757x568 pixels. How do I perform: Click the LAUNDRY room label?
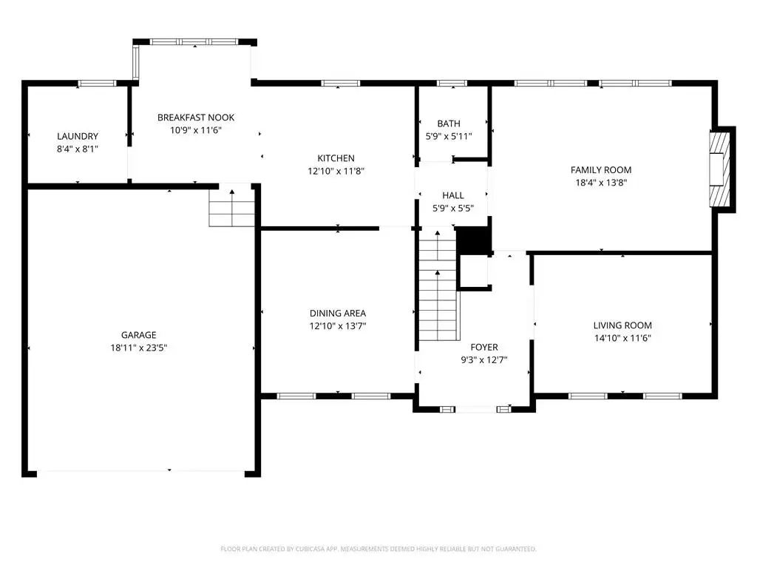77,136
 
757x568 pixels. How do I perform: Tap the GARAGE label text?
138,335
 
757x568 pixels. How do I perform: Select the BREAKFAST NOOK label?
196,118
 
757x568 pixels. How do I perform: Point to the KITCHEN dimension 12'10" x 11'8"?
336,171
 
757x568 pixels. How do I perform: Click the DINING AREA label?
338,314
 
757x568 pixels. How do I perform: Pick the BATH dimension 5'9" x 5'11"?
449,136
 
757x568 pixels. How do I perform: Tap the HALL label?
453,195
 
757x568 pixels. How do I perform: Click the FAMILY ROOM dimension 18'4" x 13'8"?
601,183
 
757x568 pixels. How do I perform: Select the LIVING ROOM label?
622,325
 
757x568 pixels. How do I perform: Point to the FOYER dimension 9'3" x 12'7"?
484,360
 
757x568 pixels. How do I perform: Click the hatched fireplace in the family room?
719,169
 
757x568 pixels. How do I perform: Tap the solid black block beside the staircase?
474,240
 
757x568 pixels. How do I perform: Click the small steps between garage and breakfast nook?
231,208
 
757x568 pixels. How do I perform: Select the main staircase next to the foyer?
438,284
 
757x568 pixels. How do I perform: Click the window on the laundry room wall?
97,84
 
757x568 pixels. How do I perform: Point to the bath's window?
452,84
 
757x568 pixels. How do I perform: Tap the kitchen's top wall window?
340,84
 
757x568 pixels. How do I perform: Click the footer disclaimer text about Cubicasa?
378,549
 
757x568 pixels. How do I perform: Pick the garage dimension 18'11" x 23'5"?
138,348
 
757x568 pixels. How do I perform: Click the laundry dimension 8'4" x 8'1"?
77,149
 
